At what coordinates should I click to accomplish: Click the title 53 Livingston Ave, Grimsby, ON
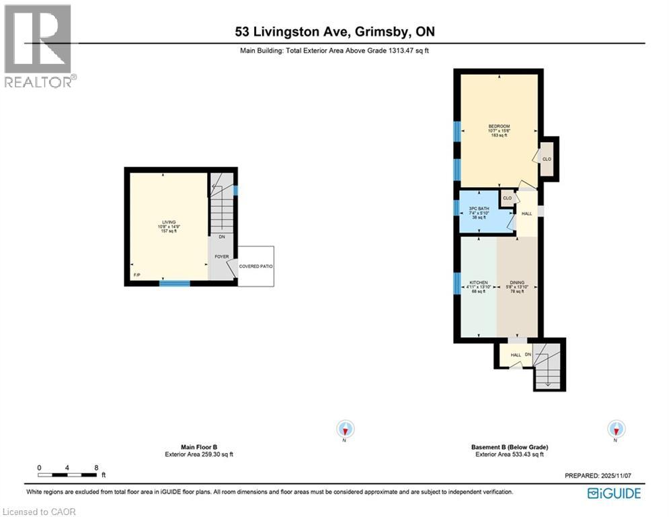(334, 32)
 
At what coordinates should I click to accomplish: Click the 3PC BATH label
(479, 209)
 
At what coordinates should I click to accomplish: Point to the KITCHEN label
(479, 283)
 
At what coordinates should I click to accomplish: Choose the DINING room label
(517, 283)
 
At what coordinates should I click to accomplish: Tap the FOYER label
(222, 256)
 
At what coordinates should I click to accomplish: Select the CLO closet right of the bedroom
(547, 160)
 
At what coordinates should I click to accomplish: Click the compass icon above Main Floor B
(346, 429)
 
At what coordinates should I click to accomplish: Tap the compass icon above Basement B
(615, 429)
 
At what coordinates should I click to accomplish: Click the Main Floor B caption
(199, 447)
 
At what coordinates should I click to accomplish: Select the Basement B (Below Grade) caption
(509, 447)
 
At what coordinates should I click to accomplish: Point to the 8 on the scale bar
(97, 467)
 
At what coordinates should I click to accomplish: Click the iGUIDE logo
(613, 493)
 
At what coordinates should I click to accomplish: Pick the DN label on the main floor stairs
(221, 236)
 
